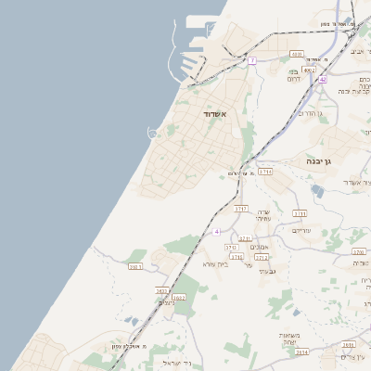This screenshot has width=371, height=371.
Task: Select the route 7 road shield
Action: [251, 60]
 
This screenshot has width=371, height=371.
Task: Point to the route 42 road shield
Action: [323, 80]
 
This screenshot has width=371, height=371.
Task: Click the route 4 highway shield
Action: [215, 230]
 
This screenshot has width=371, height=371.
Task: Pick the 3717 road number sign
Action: [241, 209]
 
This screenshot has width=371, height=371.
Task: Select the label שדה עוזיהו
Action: [263, 215]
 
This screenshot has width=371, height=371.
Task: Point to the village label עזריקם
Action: [301, 229]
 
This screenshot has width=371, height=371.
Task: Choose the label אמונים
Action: [260, 247]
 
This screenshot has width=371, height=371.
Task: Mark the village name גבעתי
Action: [269, 270]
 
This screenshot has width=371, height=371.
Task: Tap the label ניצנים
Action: [167, 302]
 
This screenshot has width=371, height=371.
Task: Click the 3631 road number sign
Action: [135, 266]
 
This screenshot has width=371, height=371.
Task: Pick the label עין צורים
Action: [349, 356]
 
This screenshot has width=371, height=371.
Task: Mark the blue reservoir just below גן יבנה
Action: [318, 190]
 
